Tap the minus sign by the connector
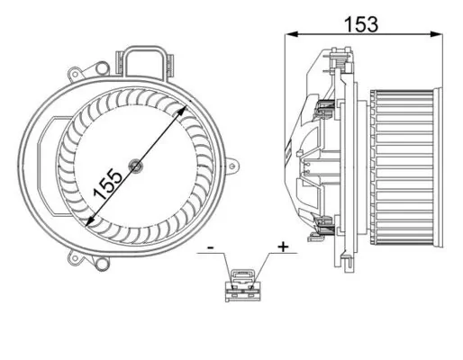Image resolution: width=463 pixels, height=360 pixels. [x=210, y=246]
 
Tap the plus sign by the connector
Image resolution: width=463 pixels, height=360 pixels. [x=283, y=246]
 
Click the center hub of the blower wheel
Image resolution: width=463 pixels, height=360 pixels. [x=134, y=165]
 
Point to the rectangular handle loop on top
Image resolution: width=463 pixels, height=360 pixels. [x=149, y=61]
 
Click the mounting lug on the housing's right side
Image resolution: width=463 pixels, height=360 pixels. [x=235, y=165]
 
